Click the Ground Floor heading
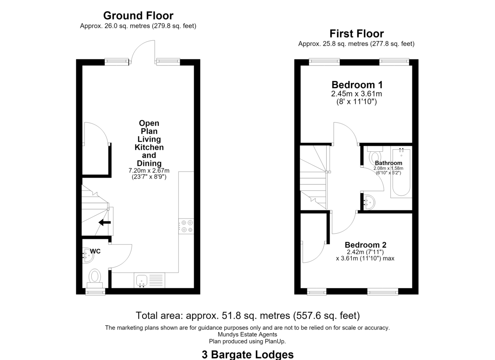(138, 16)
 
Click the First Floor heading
(357, 34)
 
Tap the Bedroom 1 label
(357, 85)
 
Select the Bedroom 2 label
(365, 245)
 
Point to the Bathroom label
(389, 163)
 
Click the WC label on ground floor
(95, 251)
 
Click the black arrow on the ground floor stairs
(104, 222)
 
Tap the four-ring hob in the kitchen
(186, 226)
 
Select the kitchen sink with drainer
(149, 280)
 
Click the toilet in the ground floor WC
(95, 278)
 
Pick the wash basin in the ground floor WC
(87, 256)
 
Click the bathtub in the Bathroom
(401, 172)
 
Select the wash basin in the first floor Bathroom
(369, 202)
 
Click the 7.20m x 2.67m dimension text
(149, 170)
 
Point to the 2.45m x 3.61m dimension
(356, 94)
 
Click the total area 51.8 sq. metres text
(248, 315)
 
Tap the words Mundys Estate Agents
(247, 334)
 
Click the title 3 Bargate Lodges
(248, 355)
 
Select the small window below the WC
(95, 292)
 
